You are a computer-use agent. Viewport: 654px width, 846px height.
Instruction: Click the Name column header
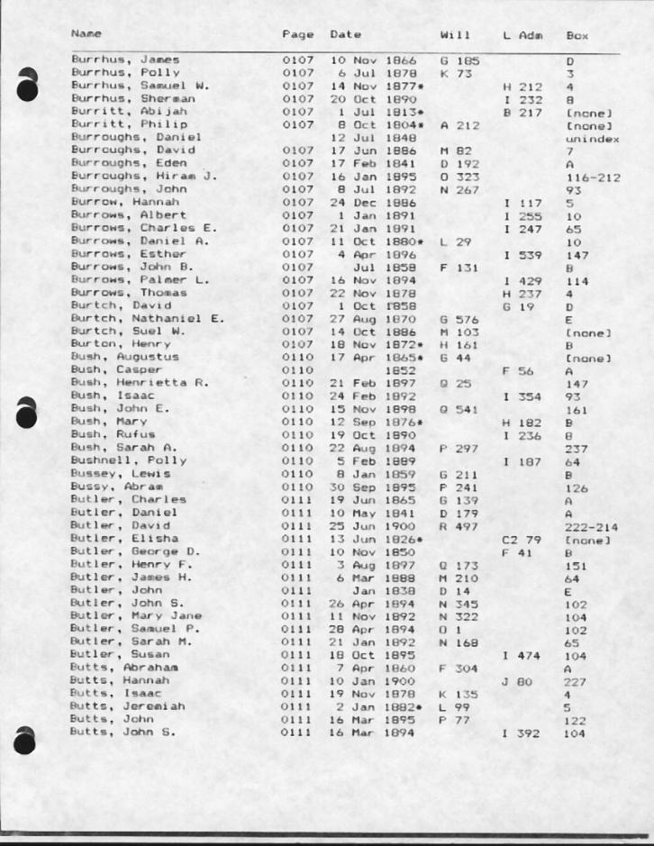coord(86,35)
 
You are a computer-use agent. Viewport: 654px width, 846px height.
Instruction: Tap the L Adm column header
coord(520,35)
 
